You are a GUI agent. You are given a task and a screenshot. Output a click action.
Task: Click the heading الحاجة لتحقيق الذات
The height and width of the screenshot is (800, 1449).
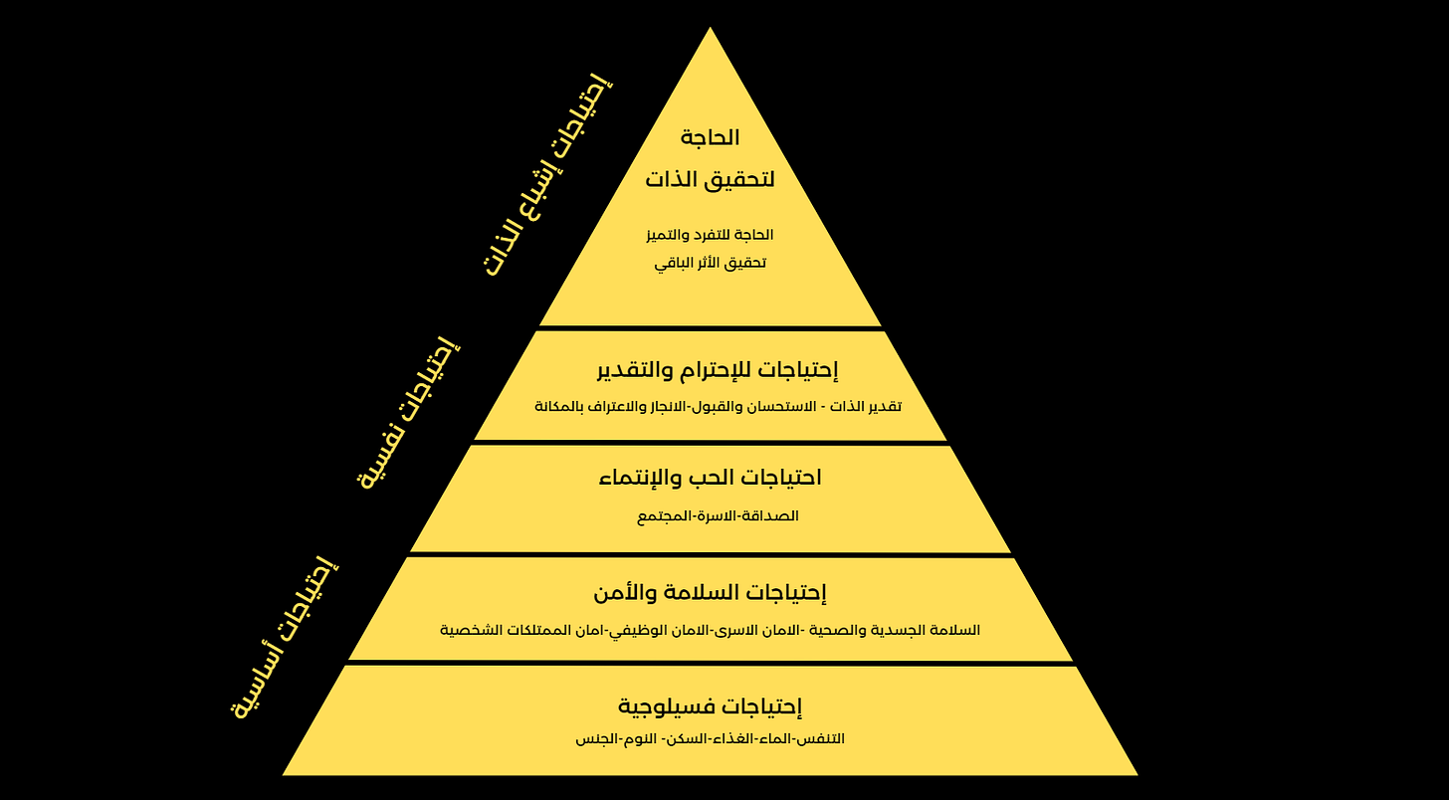click(x=710, y=159)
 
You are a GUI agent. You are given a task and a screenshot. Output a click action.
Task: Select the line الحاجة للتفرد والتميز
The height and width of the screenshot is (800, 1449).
click(x=710, y=235)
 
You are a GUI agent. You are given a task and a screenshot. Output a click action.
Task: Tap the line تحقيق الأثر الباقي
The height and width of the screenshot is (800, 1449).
click(x=710, y=264)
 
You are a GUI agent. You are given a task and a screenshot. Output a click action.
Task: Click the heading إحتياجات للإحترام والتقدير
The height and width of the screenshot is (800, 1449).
click(x=718, y=370)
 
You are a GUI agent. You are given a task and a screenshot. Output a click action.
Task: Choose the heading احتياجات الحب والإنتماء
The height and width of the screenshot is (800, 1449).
click(x=710, y=478)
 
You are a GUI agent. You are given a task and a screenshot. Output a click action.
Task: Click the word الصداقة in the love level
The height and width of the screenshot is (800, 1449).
click(x=773, y=516)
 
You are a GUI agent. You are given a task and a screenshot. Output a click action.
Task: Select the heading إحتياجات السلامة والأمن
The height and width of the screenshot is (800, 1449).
click(x=710, y=593)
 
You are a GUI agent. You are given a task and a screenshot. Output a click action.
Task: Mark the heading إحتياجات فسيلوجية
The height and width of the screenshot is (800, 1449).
click(x=710, y=706)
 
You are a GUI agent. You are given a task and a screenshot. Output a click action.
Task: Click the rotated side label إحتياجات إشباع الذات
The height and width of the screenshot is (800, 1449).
click(x=548, y=176)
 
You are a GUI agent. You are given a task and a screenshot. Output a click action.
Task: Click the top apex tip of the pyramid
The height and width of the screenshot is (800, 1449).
click(x=710, y=30)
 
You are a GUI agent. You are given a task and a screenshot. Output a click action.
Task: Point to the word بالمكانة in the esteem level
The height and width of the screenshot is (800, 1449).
click(x=563, y=407)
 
